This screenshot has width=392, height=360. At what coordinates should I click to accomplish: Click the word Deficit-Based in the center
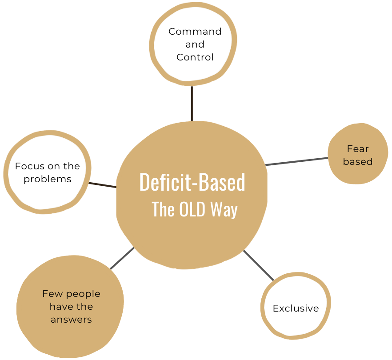(x=192, y=182)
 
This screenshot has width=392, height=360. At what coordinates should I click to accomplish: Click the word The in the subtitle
(x=163, y=210)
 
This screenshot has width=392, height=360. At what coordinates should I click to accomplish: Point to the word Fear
(x=358, y=149)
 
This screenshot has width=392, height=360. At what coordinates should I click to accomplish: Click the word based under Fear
(x=358, y=162)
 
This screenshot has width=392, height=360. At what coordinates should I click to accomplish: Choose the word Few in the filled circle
(x=51, y=294)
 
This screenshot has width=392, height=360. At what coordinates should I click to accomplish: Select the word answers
(x=71, y=320)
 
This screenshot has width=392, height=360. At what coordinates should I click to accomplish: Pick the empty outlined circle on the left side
(x=47, y=171)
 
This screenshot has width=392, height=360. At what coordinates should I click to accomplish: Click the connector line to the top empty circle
(x=192, y=103)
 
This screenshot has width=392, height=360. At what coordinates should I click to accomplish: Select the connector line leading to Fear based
(x=297, y=161)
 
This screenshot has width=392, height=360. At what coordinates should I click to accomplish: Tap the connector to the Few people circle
(x=122, y=259)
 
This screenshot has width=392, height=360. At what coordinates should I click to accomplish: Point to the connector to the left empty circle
(x=102, y=184)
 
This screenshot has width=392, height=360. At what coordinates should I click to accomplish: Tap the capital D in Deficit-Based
(x=145, y=182)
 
